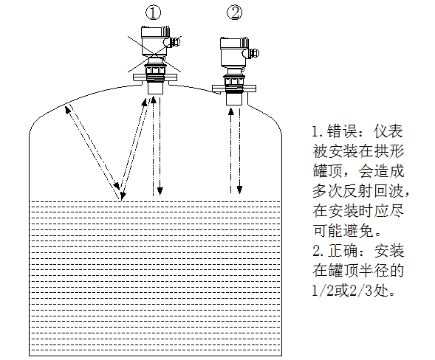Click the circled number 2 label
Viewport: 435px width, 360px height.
[x=234, y=13]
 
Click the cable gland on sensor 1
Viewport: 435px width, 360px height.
[x=174, y=41]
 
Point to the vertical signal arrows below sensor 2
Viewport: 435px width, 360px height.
[x=235, y=148]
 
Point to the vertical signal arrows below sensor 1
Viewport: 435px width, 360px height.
[x=157, y=148]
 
